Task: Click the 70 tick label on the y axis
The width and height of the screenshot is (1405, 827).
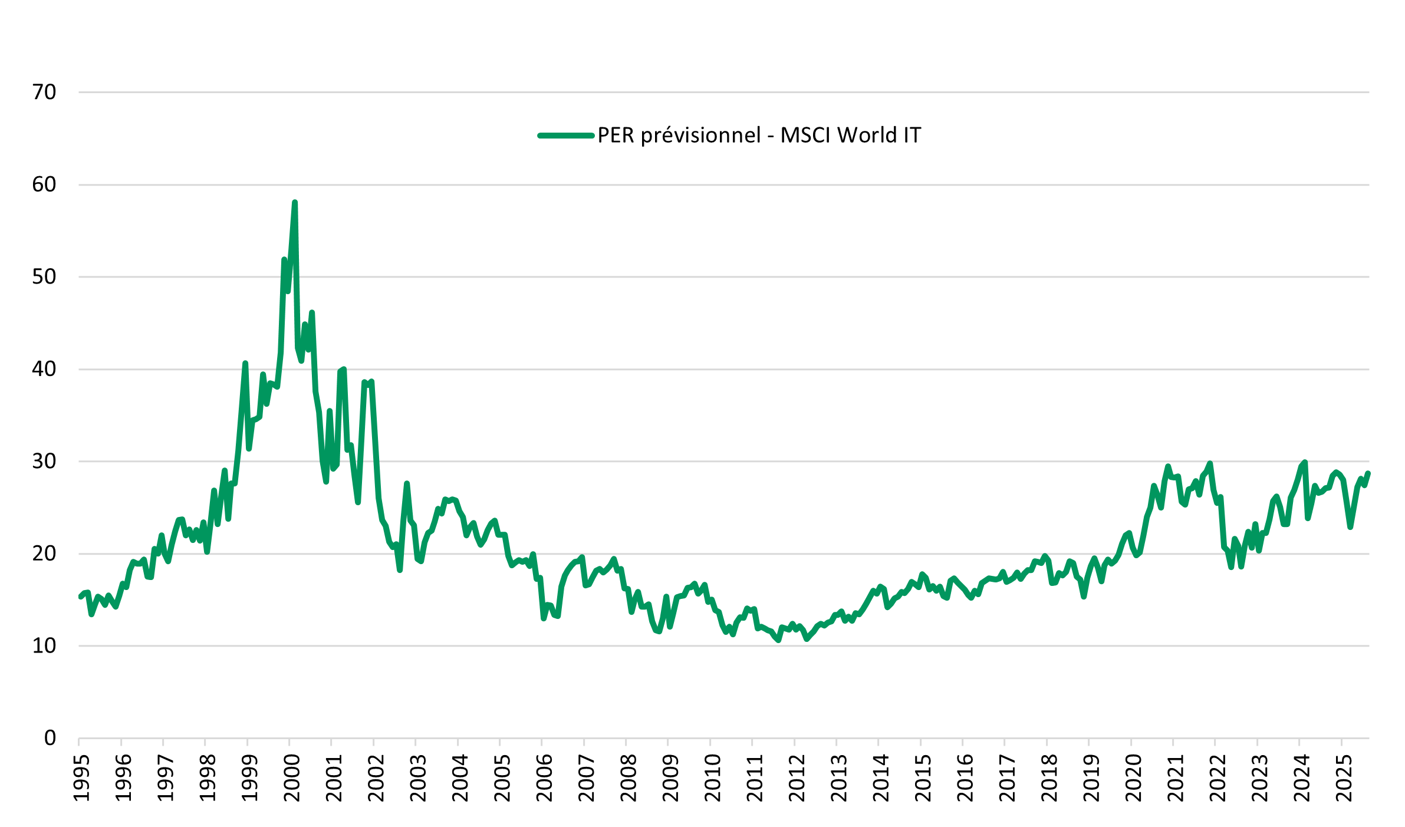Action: click(x=44, y=93)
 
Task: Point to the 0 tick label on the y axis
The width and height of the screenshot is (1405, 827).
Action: click(x=50, y=738)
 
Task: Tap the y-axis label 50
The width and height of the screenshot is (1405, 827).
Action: click(x=44, y=277)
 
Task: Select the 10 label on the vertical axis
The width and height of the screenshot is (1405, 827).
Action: click(x=44, y=646)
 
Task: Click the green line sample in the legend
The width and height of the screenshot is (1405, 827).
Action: click(x=565, y=136)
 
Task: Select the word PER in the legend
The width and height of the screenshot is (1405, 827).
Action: click(x=616, y=136)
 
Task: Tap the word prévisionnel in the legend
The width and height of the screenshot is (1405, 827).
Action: click(x=701, y=136)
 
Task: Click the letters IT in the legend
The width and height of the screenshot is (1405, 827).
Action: click(x=912, y=136)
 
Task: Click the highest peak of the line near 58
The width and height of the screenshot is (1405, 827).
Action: click(x=295, y=203)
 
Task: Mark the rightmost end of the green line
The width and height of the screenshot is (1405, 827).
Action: click(x=1368, y=473)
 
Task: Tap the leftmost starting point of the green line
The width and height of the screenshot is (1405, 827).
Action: click(x=80, y=597)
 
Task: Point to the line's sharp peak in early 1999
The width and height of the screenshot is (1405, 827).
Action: click(x=245, y=364)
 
